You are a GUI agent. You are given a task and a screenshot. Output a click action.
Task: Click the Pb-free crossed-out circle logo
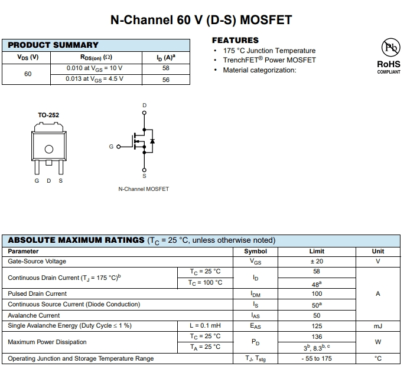pyautogui.click(x=390, y=47)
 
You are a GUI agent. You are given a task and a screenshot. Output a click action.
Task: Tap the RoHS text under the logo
pyautogui.click(x=389, y=64)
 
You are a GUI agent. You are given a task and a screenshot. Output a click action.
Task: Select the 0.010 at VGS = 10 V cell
pyautogui.click(x=95, y=68)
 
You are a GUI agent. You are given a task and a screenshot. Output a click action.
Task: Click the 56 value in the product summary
pyautogui.click(x=166, y=80)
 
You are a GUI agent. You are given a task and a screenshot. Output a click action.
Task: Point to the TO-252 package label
pyautogui.click(x=48, y=115)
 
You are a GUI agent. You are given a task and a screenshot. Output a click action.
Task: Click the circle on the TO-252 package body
pyautogui.click(x=49, y=149)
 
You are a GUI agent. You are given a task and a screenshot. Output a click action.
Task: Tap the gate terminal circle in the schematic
pyautogui.click(x=119, y=147)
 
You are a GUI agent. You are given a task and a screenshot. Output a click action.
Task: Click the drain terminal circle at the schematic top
pyautogui.click(x=144, y=113)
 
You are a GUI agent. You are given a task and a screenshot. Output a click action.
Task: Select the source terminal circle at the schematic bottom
pyautogui.click(x=144, y=170)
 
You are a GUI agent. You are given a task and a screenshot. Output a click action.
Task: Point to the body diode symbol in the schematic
pyautogui.click(x=152, y=141)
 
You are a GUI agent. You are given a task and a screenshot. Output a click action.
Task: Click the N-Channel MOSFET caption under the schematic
pyautogui.click(x=144, y=189)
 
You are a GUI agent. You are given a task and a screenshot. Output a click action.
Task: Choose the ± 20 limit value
pyautogui.click(x=317, y=262)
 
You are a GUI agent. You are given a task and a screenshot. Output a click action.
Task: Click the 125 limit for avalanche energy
pyautogui.click(x=317, y=326)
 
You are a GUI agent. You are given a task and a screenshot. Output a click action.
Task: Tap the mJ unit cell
pyautogui.click(x=378, y=326)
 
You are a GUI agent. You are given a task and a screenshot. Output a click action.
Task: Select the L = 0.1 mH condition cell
pyautogui.click(x=205, y=326)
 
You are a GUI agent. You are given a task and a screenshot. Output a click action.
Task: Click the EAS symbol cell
pyautogui.click(x=255, y=326)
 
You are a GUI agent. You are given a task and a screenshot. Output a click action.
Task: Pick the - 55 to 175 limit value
pyautogui.click(x=317, y=358)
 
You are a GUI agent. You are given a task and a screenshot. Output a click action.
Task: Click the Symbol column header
pyautogui.click(x=255, y=252)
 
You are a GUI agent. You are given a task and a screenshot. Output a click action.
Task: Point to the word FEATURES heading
pyautogui.click(x=236, y=41)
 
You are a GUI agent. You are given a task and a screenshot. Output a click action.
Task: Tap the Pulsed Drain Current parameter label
pyautogui.click(x=37, y=293)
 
